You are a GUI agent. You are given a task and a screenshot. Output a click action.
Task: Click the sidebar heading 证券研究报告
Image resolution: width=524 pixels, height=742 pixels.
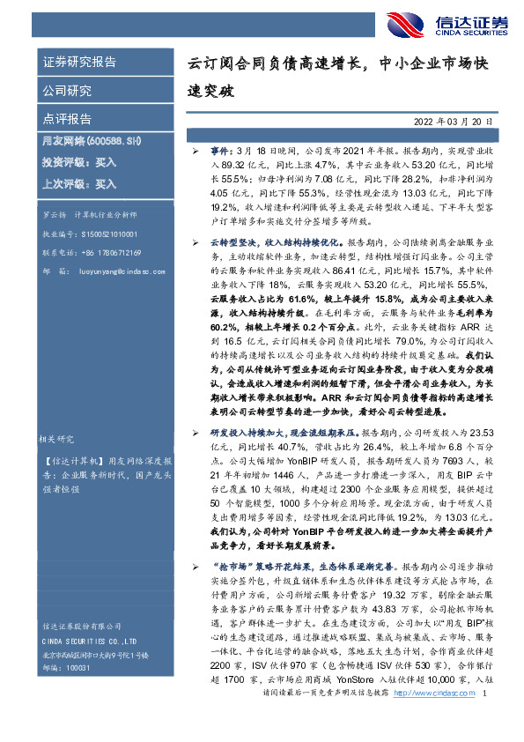click(x=79, y=63)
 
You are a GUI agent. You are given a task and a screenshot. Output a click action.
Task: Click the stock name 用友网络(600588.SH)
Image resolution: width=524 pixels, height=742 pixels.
click(x=92, y=140)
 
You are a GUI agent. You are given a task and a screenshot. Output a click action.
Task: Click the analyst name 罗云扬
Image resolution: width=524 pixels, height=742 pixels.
click(x=55, y=214)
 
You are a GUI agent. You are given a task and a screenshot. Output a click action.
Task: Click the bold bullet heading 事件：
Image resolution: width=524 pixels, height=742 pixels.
click(x=223, y=152)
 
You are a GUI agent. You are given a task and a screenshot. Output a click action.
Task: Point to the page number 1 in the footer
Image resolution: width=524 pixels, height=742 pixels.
click(x=485, y=720)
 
